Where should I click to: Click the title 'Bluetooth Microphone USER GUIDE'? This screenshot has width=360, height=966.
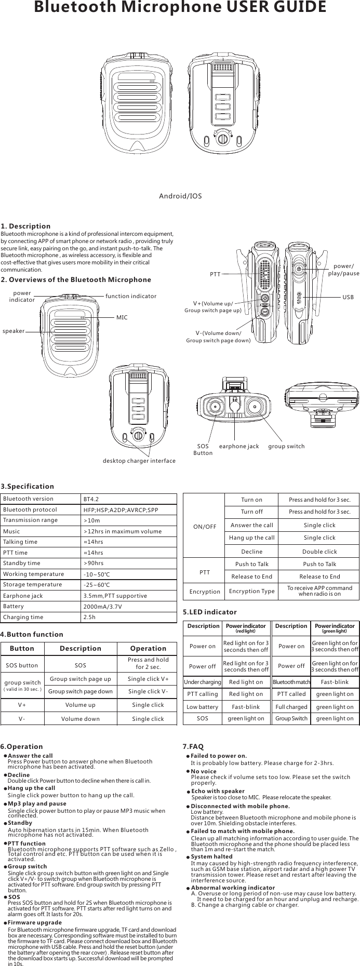pyautogui.click(x=180, y=8)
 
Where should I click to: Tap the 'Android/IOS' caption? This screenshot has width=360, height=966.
pyautogui.click(x=180, y=196)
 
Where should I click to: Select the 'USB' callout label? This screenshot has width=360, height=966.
pyautogui.click(x=348, y=298)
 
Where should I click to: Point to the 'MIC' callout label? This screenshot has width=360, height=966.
pyautogui.click(x=122, y=317)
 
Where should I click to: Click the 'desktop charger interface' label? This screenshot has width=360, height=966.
pyautogui.click(x=139, y=461)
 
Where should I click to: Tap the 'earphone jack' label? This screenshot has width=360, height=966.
pyautogui.click(x=239, y=446)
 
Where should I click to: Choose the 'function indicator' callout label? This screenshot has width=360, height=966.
pyautogui.click(x=130, y=296)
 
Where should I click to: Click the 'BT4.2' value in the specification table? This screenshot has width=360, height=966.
pyautogui.click(x=91, y=499)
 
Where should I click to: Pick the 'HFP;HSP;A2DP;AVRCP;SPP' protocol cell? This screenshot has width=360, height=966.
pyautogui.click(x=121, y=510)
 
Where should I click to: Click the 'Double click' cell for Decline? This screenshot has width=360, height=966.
pyautogui.click(x=319, y=552)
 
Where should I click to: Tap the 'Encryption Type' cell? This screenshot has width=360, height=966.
pyautogui.click(x=252, y=591)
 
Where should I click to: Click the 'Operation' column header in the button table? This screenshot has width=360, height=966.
pyautogui.click(x=148, y=648)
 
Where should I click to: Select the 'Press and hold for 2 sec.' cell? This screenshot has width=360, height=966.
pyautogui.click(x=148, y=663)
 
